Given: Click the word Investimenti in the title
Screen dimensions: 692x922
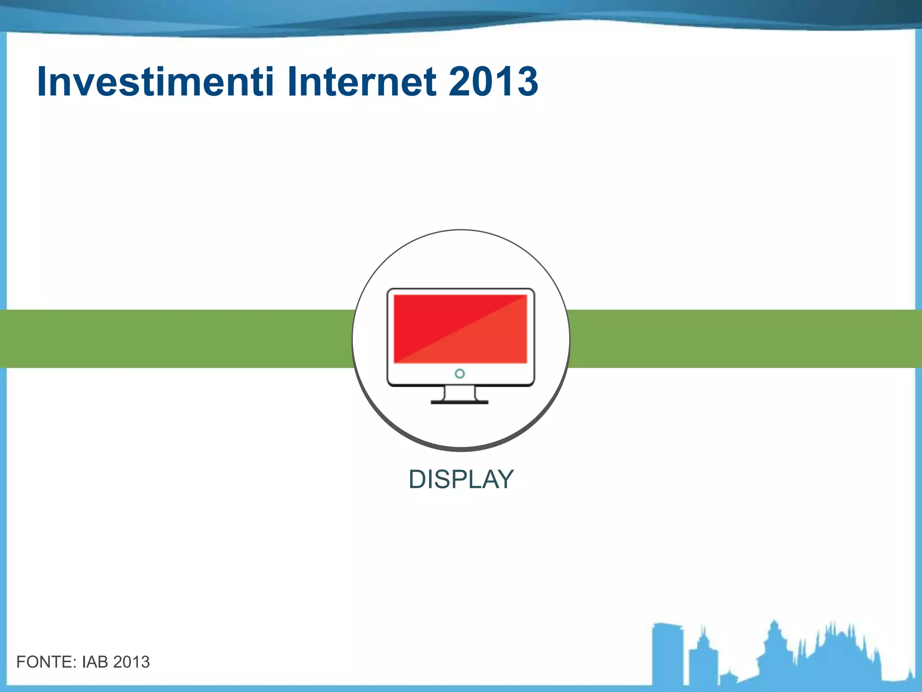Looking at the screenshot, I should (x=155, y=82).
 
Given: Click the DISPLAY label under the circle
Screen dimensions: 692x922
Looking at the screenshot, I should (x=461, y=479).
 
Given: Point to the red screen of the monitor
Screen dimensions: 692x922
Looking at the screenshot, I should (x=460, y=328).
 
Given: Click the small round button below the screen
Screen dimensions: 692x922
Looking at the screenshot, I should (x=460, y=373).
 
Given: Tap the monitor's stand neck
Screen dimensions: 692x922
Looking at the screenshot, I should (x=460, y=393).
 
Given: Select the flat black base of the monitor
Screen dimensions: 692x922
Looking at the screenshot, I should (x=460, y=402).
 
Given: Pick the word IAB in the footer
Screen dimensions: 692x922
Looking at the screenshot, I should (x=95, y=662).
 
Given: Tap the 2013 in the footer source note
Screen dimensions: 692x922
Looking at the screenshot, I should (x=131, y=662).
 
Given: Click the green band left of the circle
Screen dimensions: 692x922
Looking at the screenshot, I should (x=176, y=339).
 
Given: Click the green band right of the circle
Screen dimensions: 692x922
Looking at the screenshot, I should (x=743, y=339).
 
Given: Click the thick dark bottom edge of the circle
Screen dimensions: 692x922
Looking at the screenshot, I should (x=461, y=448).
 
